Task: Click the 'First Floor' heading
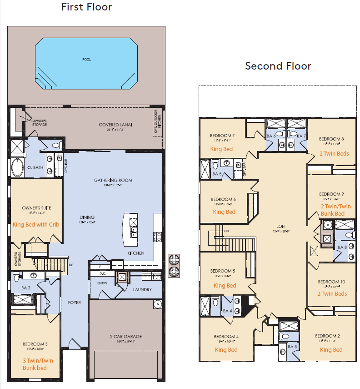[86, 7]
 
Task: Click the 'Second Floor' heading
[278, 66]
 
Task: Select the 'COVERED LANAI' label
[113, 125]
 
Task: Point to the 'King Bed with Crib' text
[36, 224]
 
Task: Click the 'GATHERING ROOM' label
[113, 180]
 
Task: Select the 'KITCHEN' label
[136, 253]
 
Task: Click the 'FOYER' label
[74, 303]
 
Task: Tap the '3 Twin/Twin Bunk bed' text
[37, 364]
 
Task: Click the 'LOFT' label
[281, 226]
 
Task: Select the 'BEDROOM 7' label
[222, 136]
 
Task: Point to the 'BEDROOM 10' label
[331, 282]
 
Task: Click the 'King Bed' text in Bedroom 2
[331, 349]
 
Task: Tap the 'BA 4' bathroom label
[227, 311]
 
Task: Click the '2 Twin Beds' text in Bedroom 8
[334, 153]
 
